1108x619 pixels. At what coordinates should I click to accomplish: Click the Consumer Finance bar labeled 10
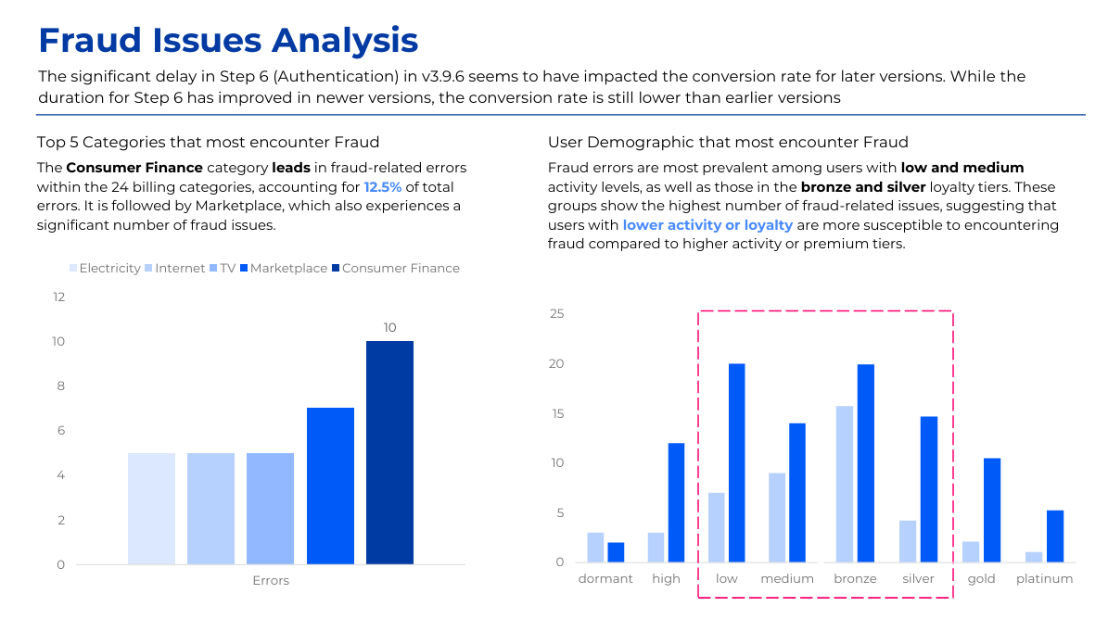pyautogui.click(x=389, y=452)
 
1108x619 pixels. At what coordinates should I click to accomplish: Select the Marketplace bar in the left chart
pyautogui.click(x=330, y=486)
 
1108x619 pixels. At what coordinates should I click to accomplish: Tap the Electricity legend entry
pyautogui.click(x=105, y=268)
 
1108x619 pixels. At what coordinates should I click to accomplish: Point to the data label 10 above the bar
pyautogui.click(x=389, y=327)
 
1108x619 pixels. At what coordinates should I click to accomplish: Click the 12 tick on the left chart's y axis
pyautogui.click(x=58, y=297)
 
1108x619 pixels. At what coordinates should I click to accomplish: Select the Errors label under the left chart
pyautogui.click(x=271, y=581)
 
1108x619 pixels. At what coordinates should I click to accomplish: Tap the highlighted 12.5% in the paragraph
pyautogui.click(x=383, y=186)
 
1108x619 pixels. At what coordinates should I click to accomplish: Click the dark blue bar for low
pyautogui.click(x=737, y=462)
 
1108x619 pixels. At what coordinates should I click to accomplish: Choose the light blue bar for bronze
pyautogui.click(x=844, y=484)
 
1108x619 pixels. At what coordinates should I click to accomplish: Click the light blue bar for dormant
pyautogui.click(x=595, y=548)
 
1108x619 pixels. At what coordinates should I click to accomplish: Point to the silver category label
pyautogui.click(x=918, y=578)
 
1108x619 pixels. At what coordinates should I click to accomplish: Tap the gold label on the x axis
pyautogui.click(x=981, y=578)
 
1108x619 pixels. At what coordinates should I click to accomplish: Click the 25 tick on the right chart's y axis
pyautogui.click(x=557, y=313)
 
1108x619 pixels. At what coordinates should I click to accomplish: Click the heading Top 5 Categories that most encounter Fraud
pyautogui.click(x=208, y=142)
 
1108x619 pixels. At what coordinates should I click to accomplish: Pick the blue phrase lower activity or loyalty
pyautogui.click(x=707, y=225)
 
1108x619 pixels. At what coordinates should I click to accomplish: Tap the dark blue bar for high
pyautogui.click(x=676, y=502)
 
